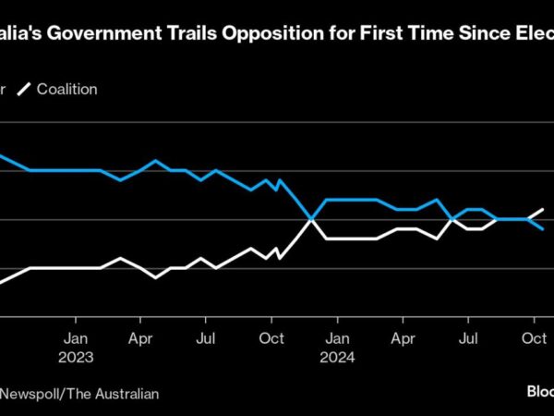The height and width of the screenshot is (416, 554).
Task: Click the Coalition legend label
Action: click(66, 90)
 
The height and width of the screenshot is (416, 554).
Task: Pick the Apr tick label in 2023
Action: click(140, 337)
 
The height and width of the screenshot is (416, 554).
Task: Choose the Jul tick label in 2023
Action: click(206, 337)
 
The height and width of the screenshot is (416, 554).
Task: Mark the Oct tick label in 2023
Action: click(271, 337)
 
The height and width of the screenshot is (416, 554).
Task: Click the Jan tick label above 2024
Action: click(337, 337)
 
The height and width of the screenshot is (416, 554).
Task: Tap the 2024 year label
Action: click(337, 355)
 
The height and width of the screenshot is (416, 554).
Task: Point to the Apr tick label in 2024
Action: click(402, 337)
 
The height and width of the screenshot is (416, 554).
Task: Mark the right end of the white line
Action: click(543, 210)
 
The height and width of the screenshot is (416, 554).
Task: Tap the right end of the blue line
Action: click(543, 228)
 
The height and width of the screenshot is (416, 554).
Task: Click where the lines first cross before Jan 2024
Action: click(311, 219)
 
